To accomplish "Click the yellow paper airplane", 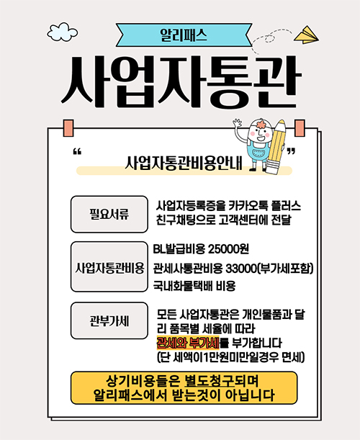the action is point(306,35).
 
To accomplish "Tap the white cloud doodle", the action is point(63,32).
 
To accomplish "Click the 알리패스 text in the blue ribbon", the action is point(184,35).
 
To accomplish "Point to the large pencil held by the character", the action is point(276,146).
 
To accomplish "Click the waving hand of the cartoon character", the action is point(238,122).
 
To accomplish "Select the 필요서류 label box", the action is point(109,214).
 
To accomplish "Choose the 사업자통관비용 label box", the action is point(109,267).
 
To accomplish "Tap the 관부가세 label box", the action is point(109,320).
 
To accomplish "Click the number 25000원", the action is point(228,248).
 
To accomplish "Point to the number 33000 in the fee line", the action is point(240,269).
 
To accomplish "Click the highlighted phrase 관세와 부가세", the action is point(188,343).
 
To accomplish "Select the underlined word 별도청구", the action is point(209,381).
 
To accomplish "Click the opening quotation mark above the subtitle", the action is point(77,152).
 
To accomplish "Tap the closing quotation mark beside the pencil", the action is point(292,152).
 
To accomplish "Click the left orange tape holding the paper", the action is point(68,128).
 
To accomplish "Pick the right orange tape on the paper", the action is point(300,128).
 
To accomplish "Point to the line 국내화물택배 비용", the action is point(194,286).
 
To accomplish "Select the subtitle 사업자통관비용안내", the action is point(184,163).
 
